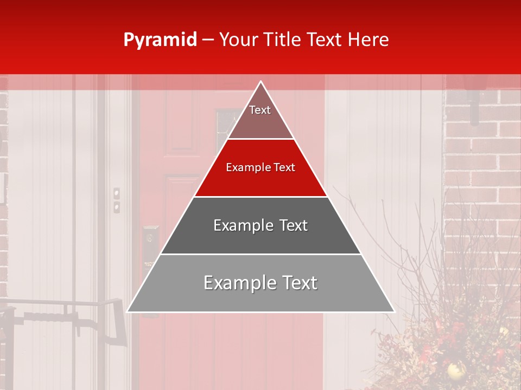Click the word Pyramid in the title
[x=160, y=40]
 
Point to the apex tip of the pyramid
[x=261, y=82]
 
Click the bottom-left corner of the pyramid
[x=128, y=311]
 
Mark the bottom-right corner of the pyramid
[x=393, y=311]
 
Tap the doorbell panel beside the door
[x=116, y=200]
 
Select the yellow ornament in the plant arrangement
[x=454, y=370]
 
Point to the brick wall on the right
[x=483, y=162]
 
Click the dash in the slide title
[x=207, y=40]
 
